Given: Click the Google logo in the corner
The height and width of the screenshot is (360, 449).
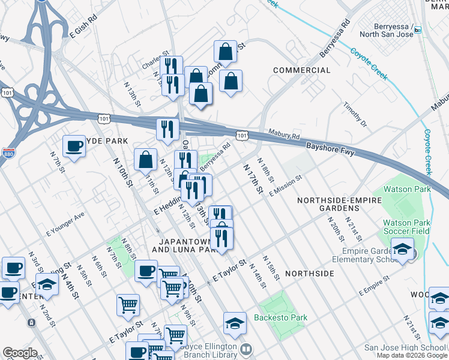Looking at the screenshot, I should tap(20, 353).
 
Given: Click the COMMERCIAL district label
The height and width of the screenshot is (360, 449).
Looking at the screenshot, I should tap(301, 70).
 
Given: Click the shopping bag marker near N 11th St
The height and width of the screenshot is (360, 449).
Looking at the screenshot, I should tap(146, 160).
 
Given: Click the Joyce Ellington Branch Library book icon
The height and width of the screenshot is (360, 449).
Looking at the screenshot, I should tap(245, 349).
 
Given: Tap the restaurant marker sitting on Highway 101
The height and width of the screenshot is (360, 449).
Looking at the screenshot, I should tap(168, 130).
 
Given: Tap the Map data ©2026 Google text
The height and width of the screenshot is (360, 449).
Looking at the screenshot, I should tap(412, 355).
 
